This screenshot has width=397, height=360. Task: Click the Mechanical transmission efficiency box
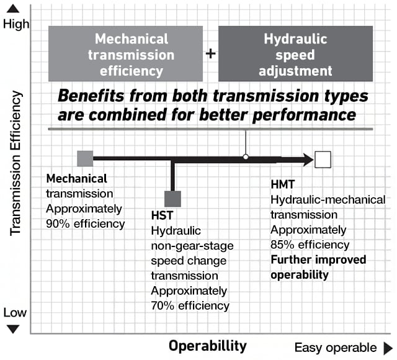(x=125, y=53)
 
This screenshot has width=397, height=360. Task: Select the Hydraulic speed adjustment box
(x=295, y=53)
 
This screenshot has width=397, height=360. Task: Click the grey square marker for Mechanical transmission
(x=85, y=159)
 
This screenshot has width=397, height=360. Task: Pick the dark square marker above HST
(x=172, y=199)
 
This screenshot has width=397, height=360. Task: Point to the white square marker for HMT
(x=323, y=160)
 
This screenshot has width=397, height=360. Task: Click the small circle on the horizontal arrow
(x=246, y=156)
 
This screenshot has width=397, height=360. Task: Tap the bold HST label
(x=163, y=217)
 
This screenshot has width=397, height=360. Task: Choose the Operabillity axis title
(x=208, y=345)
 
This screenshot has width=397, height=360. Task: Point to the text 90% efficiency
(x=86, y=223)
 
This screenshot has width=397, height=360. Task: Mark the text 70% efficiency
(x=190, y=305)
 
